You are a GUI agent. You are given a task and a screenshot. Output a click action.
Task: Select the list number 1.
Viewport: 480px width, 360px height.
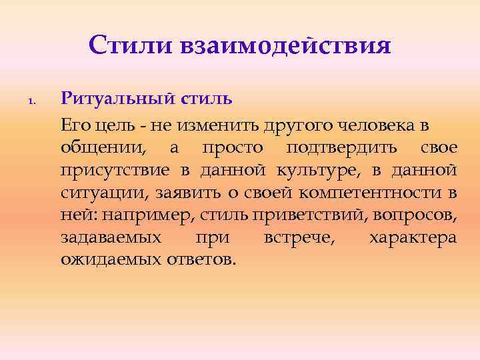[x=31, y=102]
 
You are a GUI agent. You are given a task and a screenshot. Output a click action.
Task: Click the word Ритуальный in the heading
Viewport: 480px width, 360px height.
[x=118, y=101]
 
